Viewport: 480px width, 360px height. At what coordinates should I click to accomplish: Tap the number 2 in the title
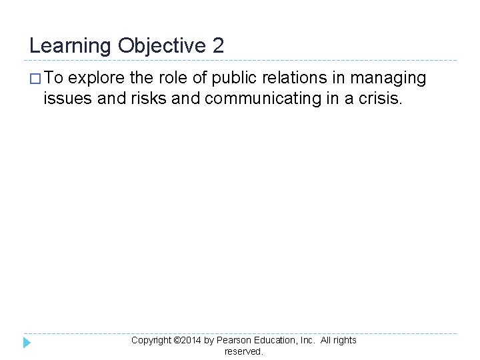[219, 46]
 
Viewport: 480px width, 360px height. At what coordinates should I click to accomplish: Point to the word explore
[97, 79]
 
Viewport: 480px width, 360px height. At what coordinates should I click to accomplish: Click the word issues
[65, 99]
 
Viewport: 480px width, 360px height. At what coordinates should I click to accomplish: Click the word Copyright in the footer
[151, 340]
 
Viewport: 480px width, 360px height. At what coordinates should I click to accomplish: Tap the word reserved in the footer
[243, 351]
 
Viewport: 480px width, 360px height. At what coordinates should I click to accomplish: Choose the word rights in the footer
[344, 340]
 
